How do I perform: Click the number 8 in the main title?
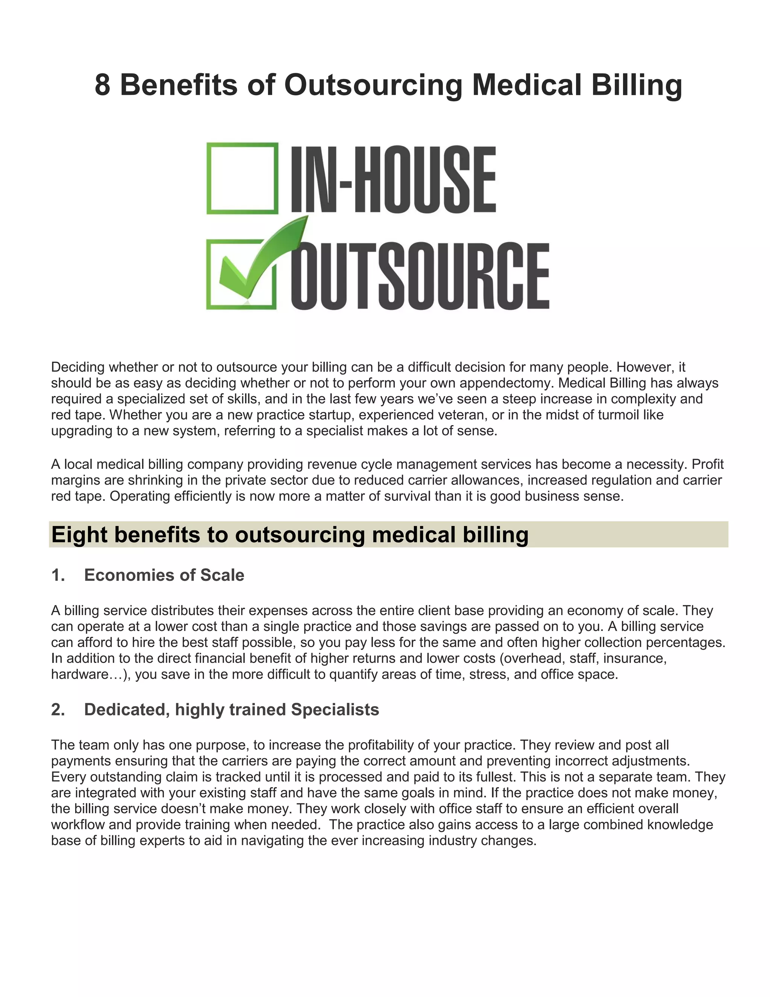pyautogui.click(x=102, y=85)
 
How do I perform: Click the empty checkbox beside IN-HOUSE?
pyautogui.click(x=242, y=178)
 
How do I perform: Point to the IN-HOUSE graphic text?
pyautogui.click(x=393, y=179)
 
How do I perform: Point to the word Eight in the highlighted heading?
pyautogui.click(x=79, y=535)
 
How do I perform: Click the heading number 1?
pyautogui.click(x=58, y=575)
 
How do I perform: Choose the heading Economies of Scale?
pyautogui.click(x=164, y=575)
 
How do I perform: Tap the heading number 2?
pyautogui.click(x=58, y=710)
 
